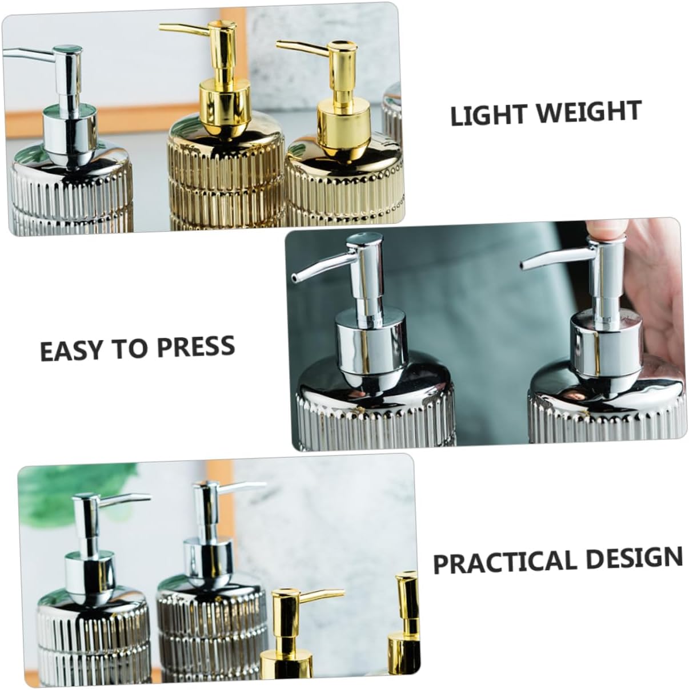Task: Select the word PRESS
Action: click(195, 346)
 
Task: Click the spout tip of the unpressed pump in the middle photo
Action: click(294, 279)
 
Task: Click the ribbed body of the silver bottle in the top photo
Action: click(71, 194)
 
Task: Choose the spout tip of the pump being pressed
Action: click(524, 266)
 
